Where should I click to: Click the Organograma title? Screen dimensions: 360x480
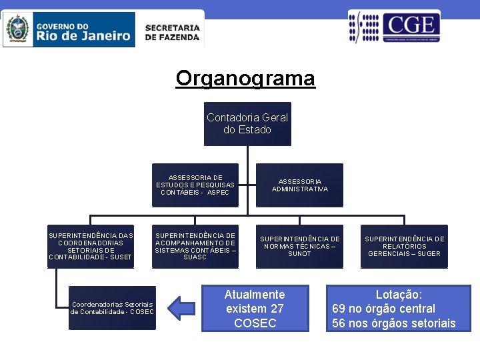[245, 79]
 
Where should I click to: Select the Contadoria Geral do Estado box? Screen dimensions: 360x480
[247, 123]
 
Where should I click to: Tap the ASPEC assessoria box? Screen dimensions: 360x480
[195, 181]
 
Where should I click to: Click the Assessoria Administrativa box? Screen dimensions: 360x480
[299, 185]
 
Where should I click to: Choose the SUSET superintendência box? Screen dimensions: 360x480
[91, 246]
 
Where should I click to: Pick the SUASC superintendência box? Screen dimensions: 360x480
[195, 246]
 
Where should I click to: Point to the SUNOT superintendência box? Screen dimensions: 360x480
[299, 246]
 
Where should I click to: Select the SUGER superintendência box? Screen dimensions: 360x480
[404, 246]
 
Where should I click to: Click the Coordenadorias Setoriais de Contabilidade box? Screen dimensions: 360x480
[112, 308]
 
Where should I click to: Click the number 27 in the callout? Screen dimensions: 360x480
[277, 309]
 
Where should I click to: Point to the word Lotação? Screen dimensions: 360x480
[399, 294]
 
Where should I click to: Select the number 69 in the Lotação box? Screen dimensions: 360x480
[339, 309]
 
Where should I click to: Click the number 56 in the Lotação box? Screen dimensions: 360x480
[339, 323]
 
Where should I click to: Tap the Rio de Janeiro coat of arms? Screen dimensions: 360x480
[17, 29]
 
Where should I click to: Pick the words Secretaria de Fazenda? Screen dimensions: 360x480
[172, 33]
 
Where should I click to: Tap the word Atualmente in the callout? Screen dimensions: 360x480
[255, 294]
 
